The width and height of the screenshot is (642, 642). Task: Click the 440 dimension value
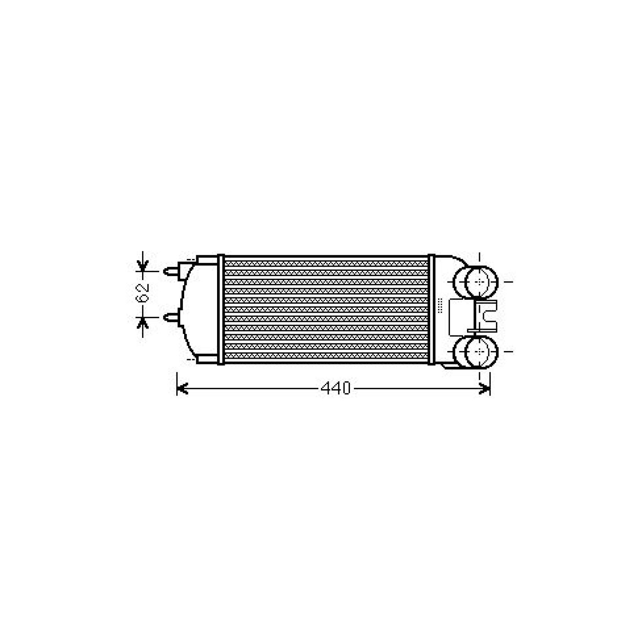coord(336,388)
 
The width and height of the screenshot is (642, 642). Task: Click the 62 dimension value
coord(143,293)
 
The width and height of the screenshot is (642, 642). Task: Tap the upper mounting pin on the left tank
coord(172,271)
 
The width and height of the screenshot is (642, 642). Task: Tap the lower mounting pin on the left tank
coord(172,317)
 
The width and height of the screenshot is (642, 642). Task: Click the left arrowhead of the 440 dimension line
coord(182,388)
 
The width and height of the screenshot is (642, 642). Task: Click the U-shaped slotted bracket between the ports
coord(486,315)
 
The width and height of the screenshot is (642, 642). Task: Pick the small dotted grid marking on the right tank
coord(440,306)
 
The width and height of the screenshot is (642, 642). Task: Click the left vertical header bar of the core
coord(220,309)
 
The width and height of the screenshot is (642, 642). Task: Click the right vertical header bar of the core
coord(432,309)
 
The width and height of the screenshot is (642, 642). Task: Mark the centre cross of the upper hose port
coord(480,282)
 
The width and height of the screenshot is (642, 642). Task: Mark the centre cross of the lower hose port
coord(480,351)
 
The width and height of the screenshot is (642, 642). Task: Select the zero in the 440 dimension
coord(345,388)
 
